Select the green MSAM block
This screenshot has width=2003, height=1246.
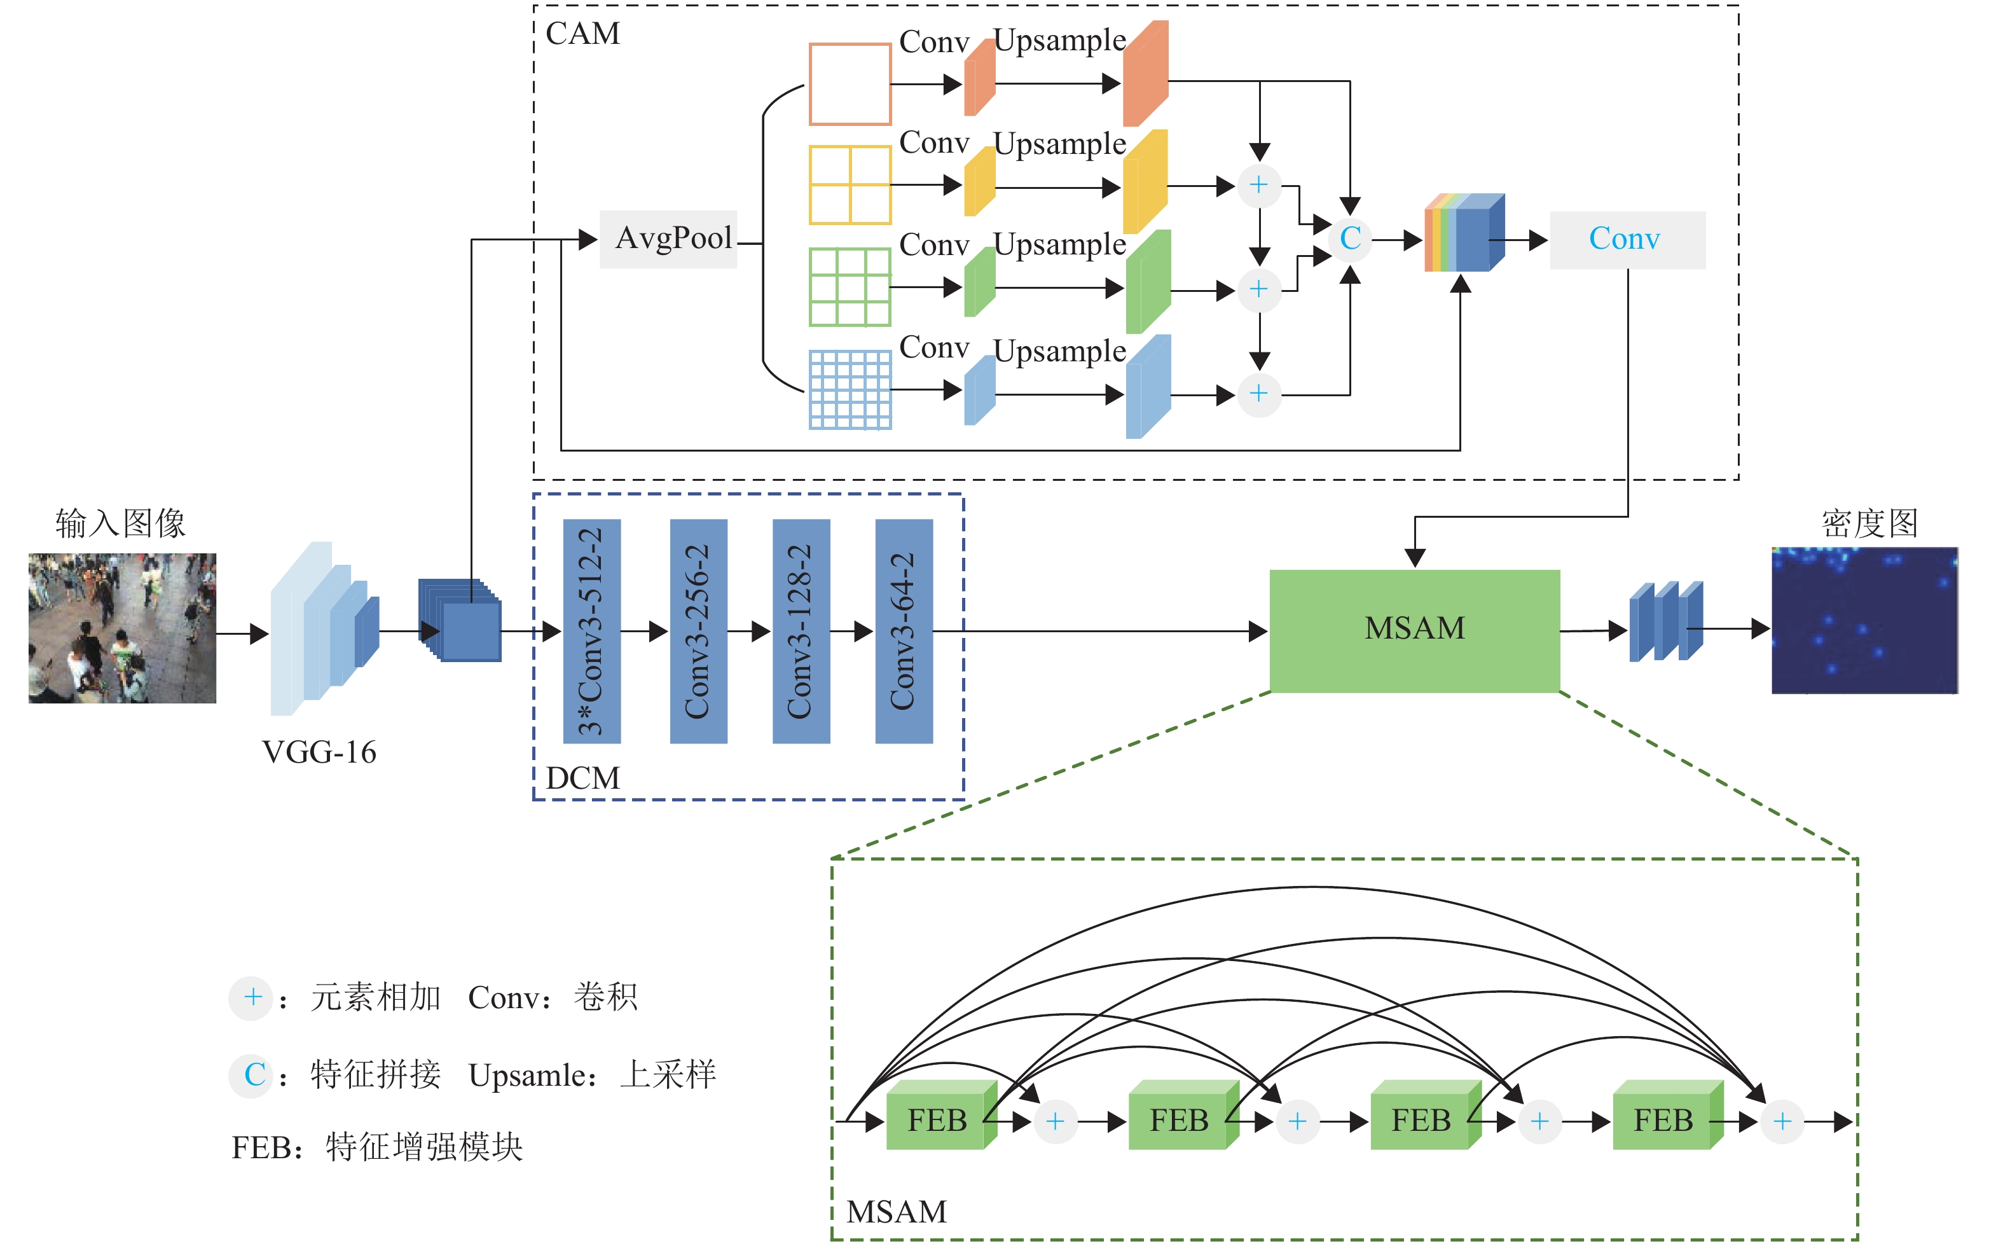coord(1414,630)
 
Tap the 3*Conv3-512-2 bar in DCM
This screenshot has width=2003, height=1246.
coord(591,630)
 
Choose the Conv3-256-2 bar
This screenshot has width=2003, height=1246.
coord(698,630)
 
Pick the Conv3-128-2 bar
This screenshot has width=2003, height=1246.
coord(801,630)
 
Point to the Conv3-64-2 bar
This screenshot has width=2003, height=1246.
coord(904,630)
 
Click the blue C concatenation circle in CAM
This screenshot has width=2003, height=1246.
coord(1350,239)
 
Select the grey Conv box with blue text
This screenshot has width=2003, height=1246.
coord(1627,240)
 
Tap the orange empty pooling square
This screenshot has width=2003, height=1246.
coord(850,84)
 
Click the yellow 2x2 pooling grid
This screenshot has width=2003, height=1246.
coord(850,184)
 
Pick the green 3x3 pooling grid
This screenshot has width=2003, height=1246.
coord(850,287)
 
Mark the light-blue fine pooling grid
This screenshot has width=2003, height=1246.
coord(850,390)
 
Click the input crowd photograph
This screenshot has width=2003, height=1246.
coord(122,628)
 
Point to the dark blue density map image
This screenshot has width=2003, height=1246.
coord(1864,621)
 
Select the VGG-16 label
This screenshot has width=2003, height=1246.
coord(319,752)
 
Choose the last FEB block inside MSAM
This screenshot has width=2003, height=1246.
coord(1663,1119)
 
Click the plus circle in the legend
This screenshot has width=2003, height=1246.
coord(252,998)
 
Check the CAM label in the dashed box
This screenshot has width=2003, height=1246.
coord(582,34)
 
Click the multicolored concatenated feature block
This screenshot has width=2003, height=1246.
coord(1464,234)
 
